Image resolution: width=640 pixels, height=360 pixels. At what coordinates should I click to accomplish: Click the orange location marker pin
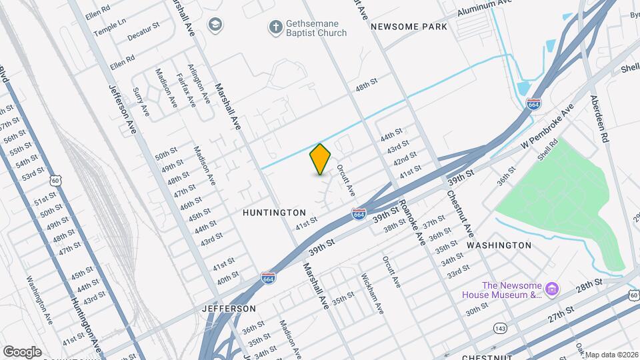pyautogui.click(x=321, y=159)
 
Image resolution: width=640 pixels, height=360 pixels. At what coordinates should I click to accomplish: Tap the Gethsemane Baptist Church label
pyautogui.click(x=316, y=28)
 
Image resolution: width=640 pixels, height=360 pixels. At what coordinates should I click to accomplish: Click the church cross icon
pyautogui.click(x=275, y=27)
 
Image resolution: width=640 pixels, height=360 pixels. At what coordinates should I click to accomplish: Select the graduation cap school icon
pyautogui.click(x=215, y=25)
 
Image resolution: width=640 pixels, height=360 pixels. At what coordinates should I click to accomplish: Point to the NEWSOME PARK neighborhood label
pyautogui.click(x=409, y=27)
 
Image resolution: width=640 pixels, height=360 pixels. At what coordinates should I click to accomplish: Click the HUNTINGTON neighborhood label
pyautogui.click(x=274, y=213)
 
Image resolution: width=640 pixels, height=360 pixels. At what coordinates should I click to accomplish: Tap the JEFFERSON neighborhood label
pyautogui.click(x=229, y=309)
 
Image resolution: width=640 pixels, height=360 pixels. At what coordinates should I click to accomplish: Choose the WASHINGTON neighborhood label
pyautogui.click(x=499, y=245)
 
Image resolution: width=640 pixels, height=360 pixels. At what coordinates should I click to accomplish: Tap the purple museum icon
pyautogui.click(x=552, y=289)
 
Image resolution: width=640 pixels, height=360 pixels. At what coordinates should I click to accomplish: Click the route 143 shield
pyautogui.click(x=500, y=327)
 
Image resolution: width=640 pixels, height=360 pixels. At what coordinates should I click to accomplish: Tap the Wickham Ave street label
pyautogui.click(x=372, y=293)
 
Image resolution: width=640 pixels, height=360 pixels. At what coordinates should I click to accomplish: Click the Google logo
pyautogui.click(x=22, y=351)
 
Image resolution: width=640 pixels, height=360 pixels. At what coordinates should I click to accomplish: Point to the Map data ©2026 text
pyautogui.click(x=612, y=355)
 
